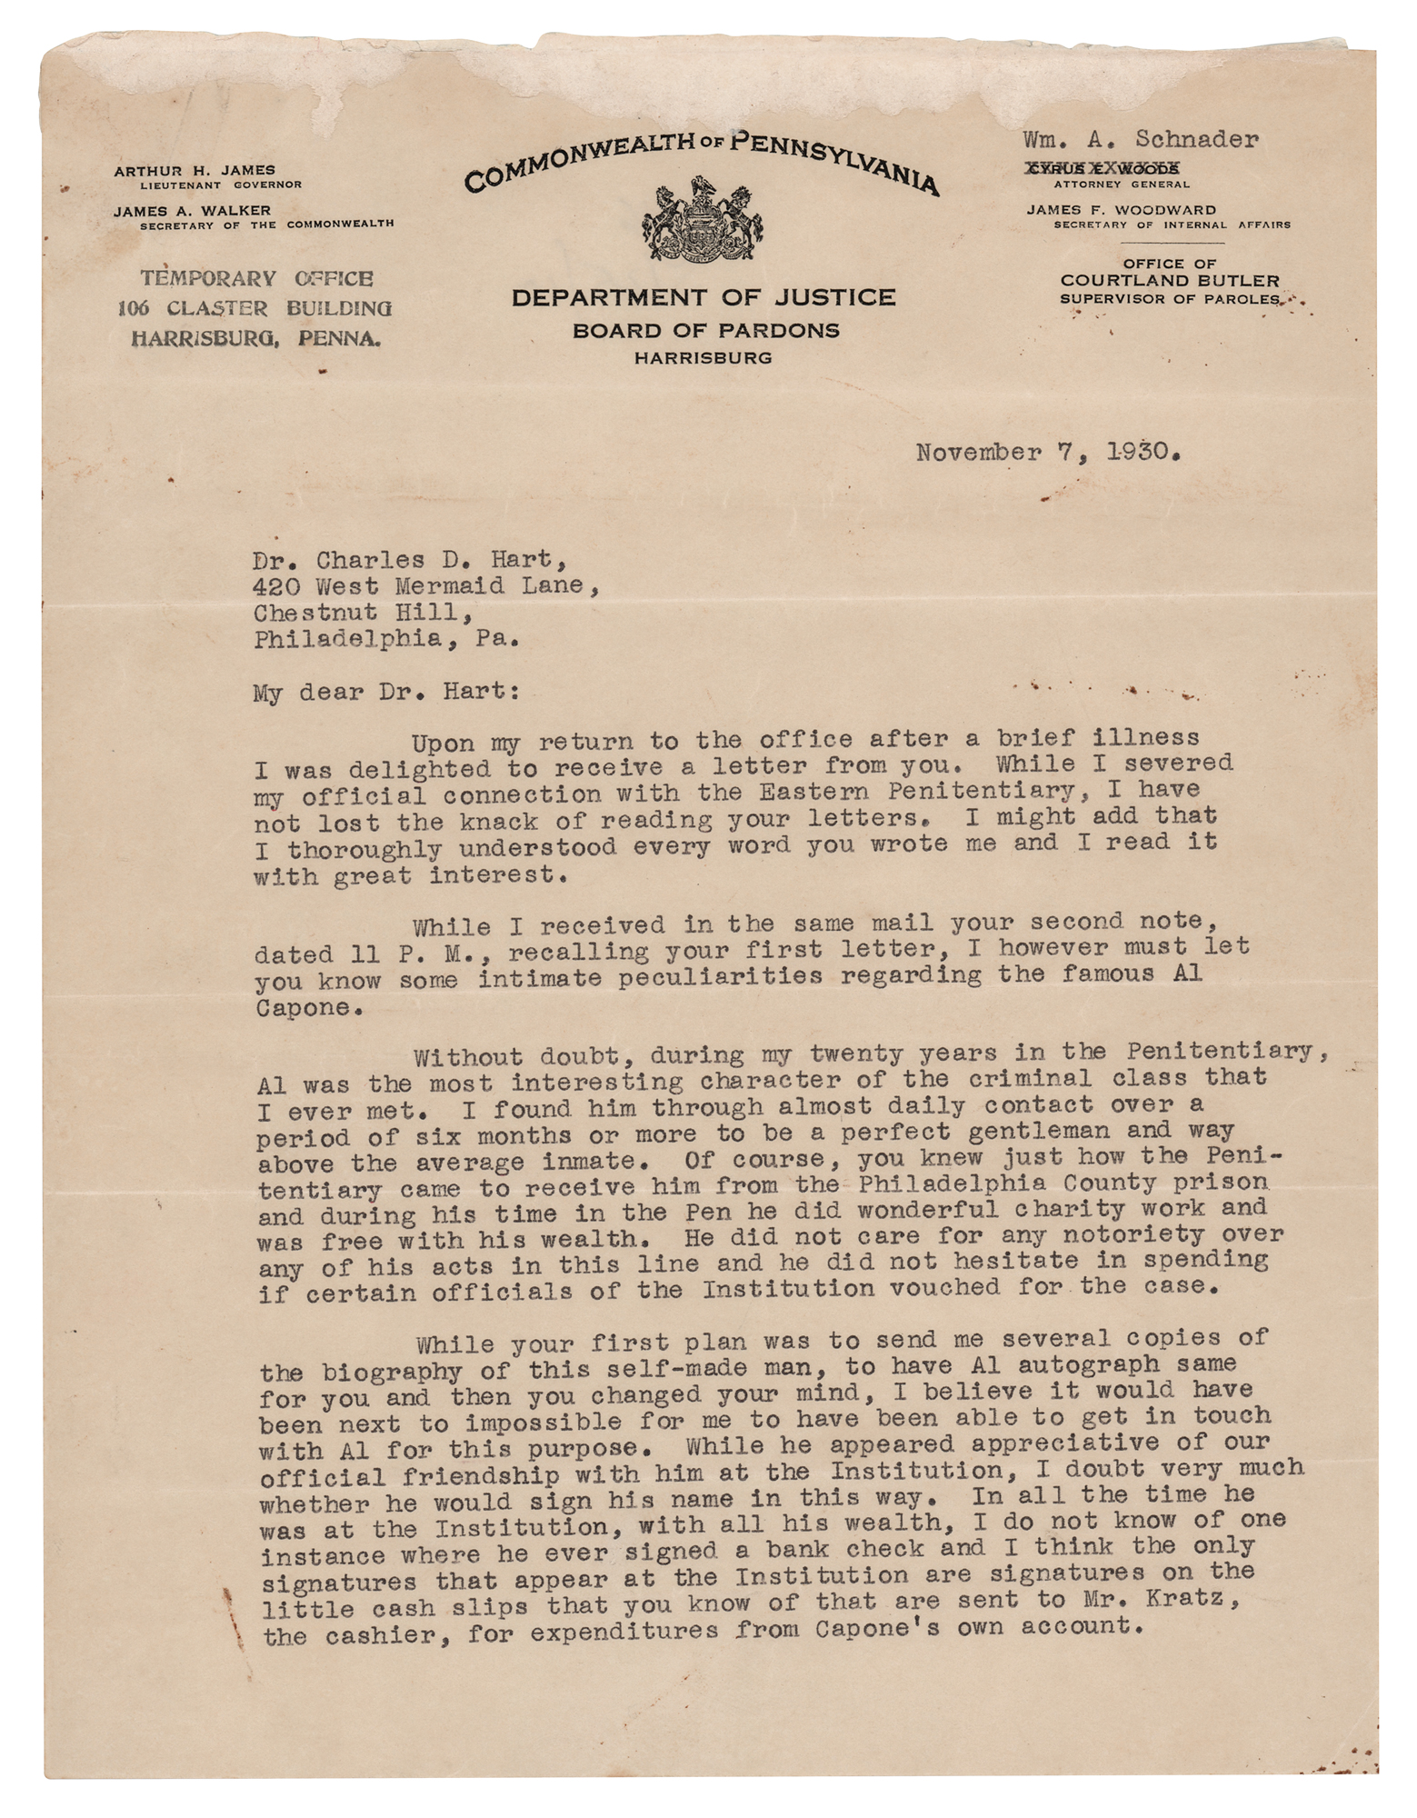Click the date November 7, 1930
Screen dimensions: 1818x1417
tap(1048, 453)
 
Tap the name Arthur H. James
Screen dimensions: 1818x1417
tap(194, 170)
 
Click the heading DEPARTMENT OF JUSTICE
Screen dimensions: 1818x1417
tap(703, 297)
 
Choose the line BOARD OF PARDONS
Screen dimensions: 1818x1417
tap(705, 330)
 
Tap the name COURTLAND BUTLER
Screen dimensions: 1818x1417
tap(1170, 280)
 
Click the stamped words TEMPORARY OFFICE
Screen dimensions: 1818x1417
tap(255, 279)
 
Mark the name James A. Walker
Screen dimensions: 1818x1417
tap(192, 210)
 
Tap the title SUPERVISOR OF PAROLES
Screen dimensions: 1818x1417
tap(1170, 298)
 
